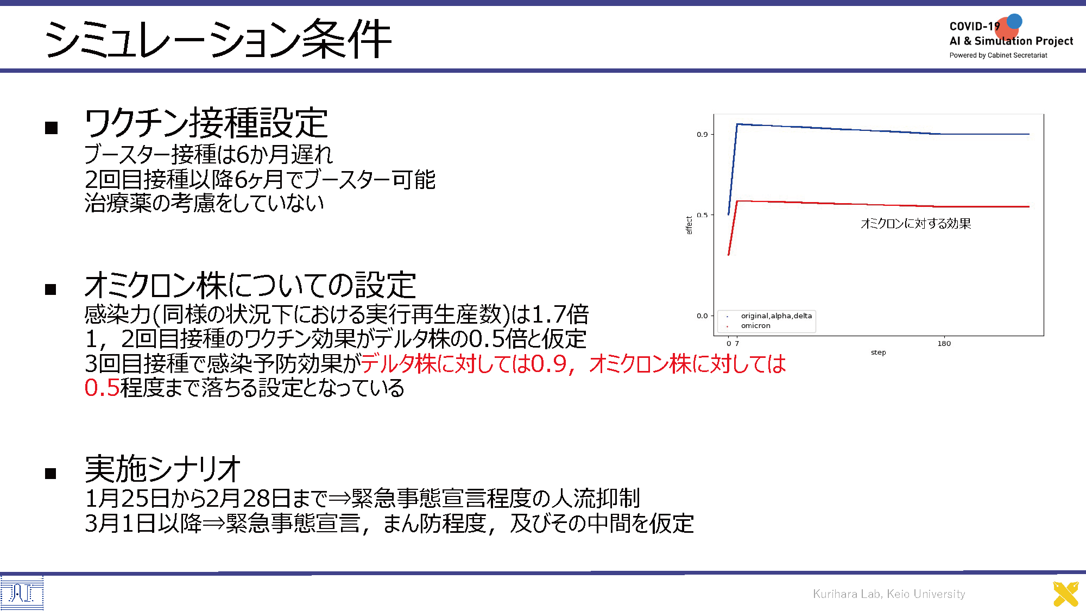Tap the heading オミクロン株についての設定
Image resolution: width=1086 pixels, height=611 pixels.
tap(250, 285)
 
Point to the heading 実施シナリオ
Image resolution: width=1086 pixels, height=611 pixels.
tap(163, 469)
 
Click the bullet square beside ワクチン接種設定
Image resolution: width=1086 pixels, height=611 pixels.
tap(52, 128)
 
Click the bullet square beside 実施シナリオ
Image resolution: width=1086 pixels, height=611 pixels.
tap(51, 474)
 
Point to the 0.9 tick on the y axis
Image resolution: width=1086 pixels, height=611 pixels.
tap(702, 134)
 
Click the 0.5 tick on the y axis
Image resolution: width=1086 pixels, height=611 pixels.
tap(702, 215)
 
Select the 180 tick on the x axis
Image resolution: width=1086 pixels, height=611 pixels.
tap(944, 343)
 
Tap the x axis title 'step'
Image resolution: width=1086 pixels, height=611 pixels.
tap(878, 352)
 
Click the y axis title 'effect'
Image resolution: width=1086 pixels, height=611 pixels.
tap(689, 225)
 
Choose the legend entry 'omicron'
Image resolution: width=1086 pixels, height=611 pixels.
tap(755, 326)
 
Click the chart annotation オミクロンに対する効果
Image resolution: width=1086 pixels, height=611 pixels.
tap(916, 224)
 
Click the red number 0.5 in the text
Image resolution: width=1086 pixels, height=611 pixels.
tap(102, 388)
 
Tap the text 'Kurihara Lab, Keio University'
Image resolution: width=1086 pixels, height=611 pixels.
tap(889, 594)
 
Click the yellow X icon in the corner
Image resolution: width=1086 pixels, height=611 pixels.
tap(1066, 594)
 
